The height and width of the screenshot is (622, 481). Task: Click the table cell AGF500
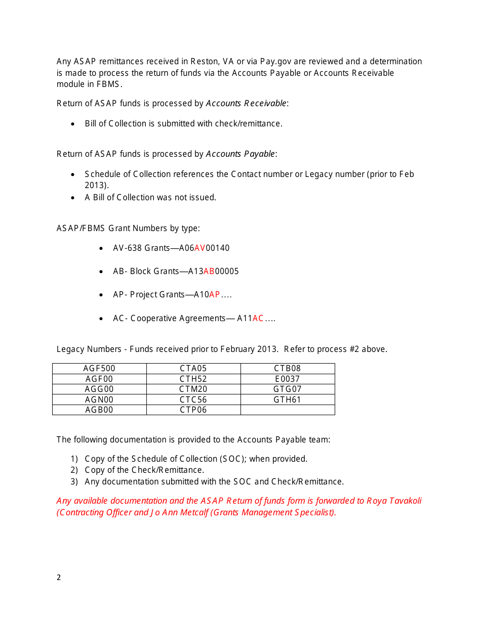point(99,369)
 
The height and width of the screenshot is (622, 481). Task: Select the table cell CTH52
point(193,379)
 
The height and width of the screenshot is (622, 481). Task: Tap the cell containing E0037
point(288,379)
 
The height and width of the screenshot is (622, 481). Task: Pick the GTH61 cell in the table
point(288,399)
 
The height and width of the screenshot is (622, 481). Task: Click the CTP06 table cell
point(193,410)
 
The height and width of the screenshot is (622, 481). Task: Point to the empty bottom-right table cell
point(288,410)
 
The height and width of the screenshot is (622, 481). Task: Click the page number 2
point(59,577)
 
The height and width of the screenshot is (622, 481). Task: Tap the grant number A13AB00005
point(213,272)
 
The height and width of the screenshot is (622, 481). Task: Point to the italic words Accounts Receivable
point(246,104)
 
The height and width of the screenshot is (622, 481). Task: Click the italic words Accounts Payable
point(240,154)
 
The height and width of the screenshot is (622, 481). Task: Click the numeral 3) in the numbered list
point(74,482)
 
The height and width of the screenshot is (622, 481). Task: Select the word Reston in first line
point(204,62)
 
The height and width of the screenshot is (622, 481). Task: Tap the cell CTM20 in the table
point(193,389)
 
